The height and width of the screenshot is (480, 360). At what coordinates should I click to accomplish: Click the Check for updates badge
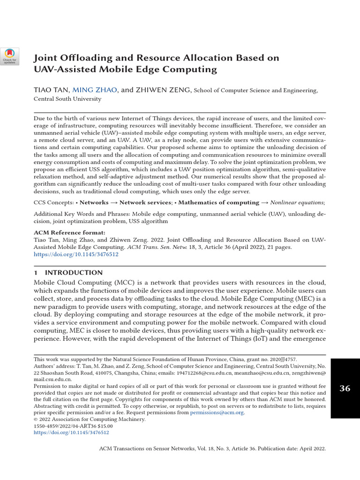10,57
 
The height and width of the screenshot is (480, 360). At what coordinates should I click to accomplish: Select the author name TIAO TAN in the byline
52,90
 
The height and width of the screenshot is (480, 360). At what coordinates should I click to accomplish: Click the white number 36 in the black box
345,388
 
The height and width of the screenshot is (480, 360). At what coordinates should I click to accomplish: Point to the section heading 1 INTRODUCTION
68,272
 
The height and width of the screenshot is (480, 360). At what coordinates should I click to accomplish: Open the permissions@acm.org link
217,412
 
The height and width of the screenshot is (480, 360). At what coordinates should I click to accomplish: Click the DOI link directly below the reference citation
76,254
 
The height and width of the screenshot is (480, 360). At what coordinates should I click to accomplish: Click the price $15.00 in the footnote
102,426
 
